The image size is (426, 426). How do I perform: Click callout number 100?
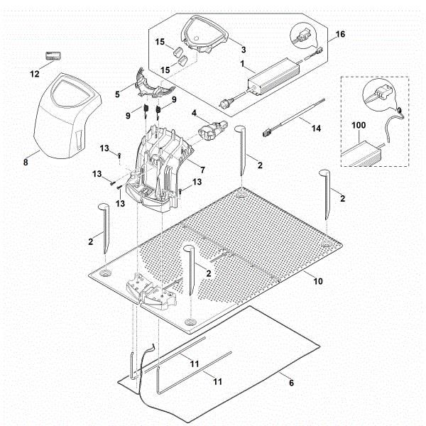(359, 126)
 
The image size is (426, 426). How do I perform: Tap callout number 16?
(339, 33)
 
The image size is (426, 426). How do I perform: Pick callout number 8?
(26, 162)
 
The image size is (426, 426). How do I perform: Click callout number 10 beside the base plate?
(318, 281)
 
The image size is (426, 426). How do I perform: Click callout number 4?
(192, 111)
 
